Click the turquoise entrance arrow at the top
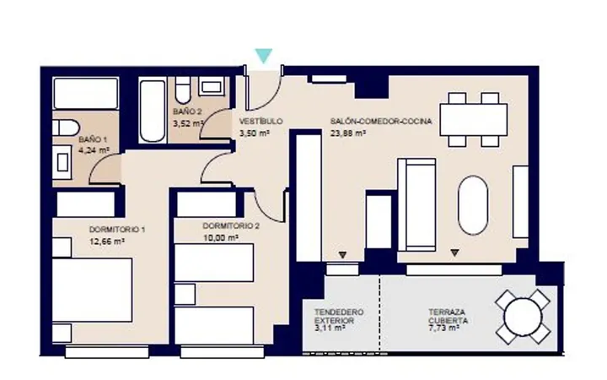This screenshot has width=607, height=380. pos(264,55)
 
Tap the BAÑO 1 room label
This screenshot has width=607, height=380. pos(93,139)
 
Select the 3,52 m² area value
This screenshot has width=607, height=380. pos(188,123)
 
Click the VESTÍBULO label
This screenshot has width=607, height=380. pos(261,122)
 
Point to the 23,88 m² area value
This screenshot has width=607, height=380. pos(348,133)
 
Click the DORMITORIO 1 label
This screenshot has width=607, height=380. pos(117,230)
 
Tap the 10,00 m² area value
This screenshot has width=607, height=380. pos(220,237)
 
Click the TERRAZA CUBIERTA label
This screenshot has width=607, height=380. pos(448,317)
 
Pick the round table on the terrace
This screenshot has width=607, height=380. pos(523,318)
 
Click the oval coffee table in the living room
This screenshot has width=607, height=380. pos(473,205)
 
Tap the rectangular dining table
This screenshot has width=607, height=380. pos(473,119)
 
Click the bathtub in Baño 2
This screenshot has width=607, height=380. pos(153,111)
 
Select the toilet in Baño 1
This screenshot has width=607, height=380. pos(66,128)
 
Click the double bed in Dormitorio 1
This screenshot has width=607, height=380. pos(92,290)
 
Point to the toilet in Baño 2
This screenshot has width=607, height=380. pos(182,90)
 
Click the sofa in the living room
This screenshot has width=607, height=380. pos(416,204)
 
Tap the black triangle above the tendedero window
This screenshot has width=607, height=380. pos(342,255)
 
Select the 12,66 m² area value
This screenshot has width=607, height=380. pos(107,242)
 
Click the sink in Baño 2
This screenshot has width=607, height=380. pos(212,86)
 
